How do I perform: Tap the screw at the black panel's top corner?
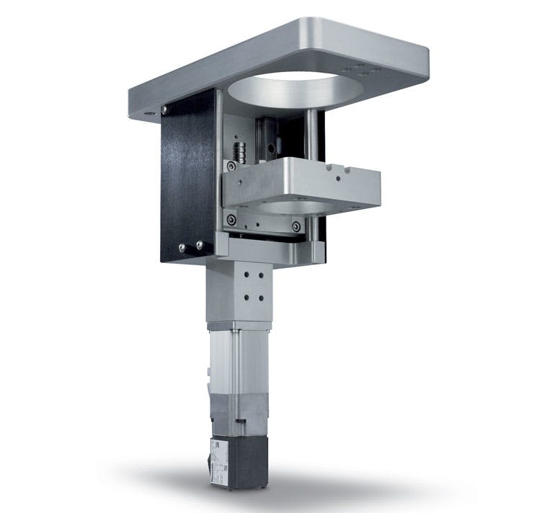pos(165,110)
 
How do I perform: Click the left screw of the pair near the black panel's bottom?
pos(182,247)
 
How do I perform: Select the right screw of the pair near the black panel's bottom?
pos(199,246)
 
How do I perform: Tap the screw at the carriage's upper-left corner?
pos(231,166)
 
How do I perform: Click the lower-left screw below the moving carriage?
pos(231,219)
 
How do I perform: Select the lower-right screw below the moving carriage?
pos(295,227)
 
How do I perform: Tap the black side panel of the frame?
pos(186,180)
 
